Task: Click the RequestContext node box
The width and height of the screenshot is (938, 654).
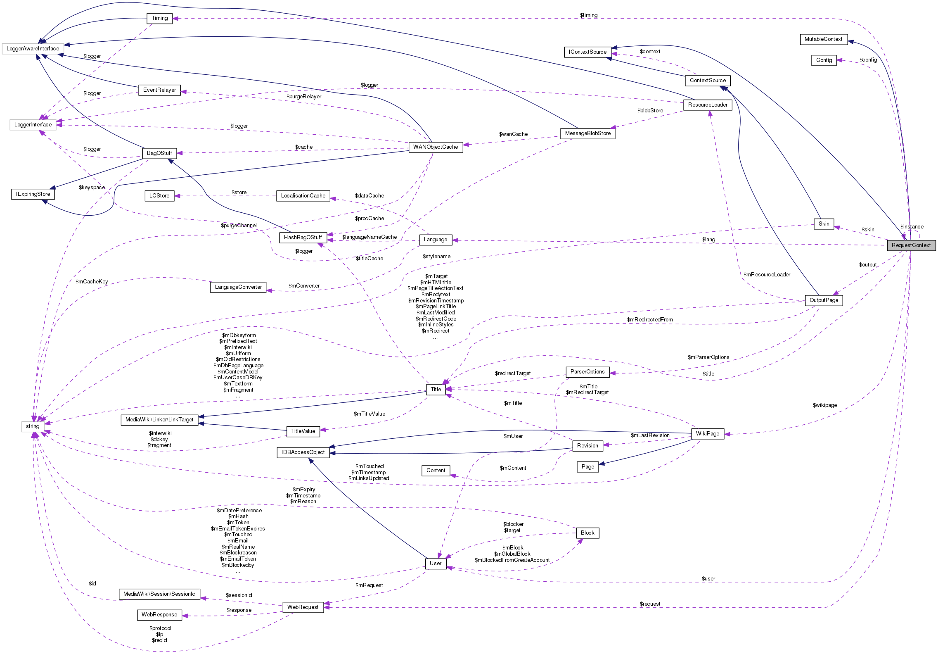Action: pos(911,245)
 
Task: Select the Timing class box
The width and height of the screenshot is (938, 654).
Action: pos(159,18)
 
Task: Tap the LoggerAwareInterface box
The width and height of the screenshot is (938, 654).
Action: pos(33,49)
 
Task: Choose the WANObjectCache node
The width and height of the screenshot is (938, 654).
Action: pos(436,147)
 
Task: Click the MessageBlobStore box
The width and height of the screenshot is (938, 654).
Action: pos(587,133)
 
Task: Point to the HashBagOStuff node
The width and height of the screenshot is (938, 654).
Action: pos(303,238)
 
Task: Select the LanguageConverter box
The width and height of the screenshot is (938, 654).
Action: pos(238,287)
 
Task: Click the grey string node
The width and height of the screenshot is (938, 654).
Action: pos(33,426)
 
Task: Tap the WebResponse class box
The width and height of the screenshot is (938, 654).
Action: pos(159,615)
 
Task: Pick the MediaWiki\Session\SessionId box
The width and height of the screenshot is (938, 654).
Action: pos(159,594)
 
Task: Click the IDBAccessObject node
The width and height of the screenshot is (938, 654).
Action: pos(303,452)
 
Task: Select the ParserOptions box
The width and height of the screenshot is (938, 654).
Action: pos(587,372)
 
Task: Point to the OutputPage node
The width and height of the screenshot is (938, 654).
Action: pos(824,300)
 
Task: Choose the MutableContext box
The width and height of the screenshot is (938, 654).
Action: pos(823,39)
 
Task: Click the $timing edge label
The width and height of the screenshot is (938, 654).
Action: pos(589,15)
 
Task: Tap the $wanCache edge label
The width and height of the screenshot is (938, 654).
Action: pos(513,134)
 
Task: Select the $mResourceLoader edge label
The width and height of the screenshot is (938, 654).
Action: pos(767,275)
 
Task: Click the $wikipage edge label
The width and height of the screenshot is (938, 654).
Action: pos(825,405)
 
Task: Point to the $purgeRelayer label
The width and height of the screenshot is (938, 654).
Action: pos(304,97)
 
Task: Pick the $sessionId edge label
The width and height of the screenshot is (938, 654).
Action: pos(239,595)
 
